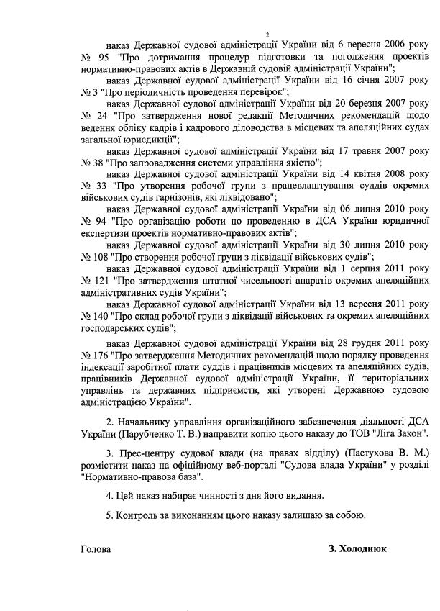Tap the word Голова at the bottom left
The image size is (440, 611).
pyautogui.click(x=96, y=548)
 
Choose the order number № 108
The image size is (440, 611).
pyautogui.click(x=94, y=255)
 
